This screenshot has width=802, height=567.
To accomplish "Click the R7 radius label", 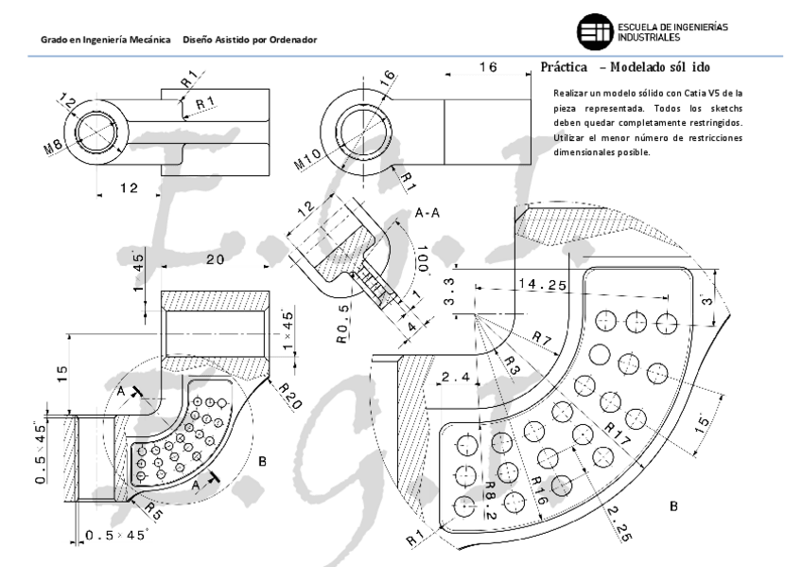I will [543, 338].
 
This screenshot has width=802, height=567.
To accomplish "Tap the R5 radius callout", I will [151, 513].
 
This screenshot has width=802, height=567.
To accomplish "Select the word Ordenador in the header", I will [290, 39].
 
